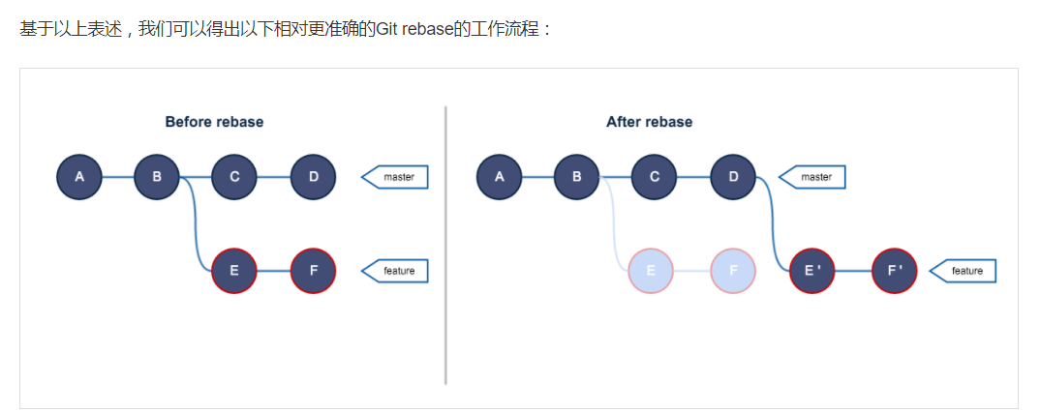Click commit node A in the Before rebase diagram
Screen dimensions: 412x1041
(x=79, y=177)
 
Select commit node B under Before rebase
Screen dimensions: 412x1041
(x=157, y=177)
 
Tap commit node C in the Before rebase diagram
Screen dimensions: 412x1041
(x=234, y=177)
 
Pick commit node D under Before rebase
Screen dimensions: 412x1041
(x=313, y=177)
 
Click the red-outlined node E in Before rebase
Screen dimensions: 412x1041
(x=234, y=271)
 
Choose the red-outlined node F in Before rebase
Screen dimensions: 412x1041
(x=313, y=271)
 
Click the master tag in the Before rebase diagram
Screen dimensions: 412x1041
(x=395, y=177)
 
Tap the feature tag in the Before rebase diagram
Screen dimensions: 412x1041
(x=395, y=271)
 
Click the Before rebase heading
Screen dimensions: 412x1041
(x=214, y=122)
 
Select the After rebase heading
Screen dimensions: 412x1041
(x=649, y=122)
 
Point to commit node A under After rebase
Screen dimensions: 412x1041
(x=499, y=177)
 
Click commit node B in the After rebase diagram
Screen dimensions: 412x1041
(x=576, y=177)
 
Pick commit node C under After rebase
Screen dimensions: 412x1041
(x=655, y=177)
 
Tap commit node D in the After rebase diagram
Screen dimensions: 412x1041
(x=733, y=177)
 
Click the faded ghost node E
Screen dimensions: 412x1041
(x=651, y=271)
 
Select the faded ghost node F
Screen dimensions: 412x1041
(x=733, y=271)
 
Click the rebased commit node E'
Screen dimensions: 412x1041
(x=811, y=271)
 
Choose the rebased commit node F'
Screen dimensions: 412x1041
(x=894, y=271)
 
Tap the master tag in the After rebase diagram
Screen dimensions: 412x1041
(x=813, y=177)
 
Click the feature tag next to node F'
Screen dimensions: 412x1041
(x=964, y=271)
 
